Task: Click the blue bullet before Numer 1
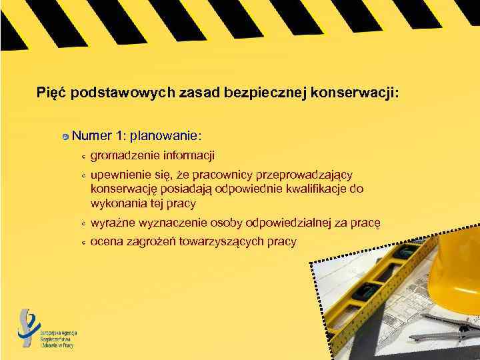65,137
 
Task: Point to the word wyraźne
110,222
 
